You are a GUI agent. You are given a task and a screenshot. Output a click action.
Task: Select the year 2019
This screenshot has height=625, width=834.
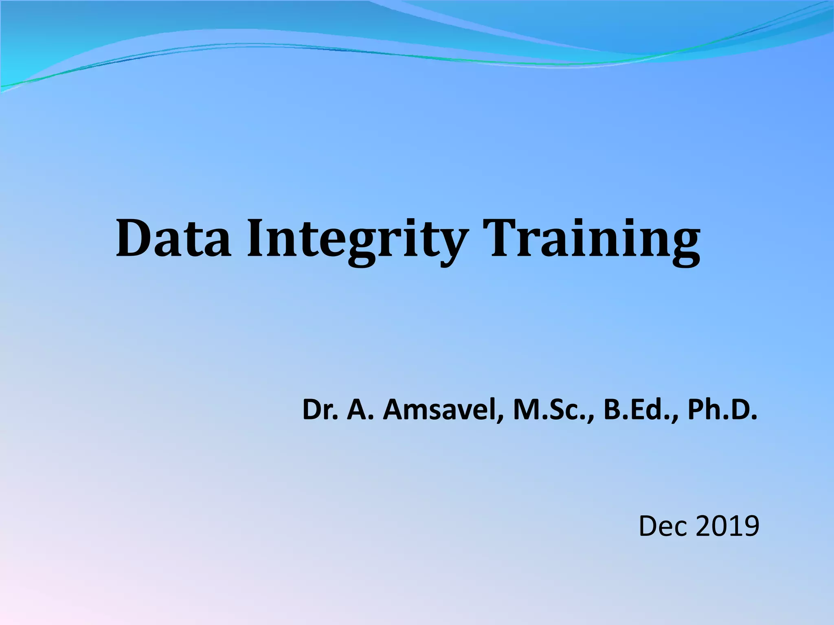click(x=727, y=526)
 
